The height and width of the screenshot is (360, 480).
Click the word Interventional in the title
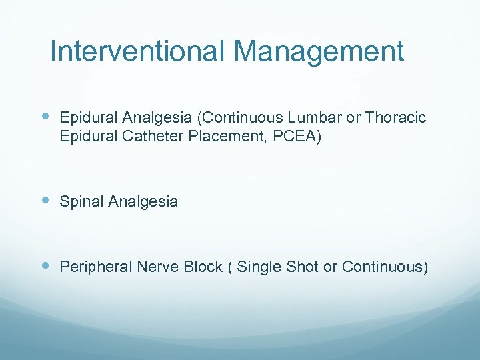coord(138,51)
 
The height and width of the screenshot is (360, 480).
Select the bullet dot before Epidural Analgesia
coord(45,117)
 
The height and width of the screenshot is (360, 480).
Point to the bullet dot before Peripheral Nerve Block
coord(45,266)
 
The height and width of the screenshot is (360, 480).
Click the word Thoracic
coord(395,118)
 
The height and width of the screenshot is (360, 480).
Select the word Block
coord(202,267)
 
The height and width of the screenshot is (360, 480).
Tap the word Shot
coord(303,267)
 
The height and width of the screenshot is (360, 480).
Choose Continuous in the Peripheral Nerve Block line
coord(383,267)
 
